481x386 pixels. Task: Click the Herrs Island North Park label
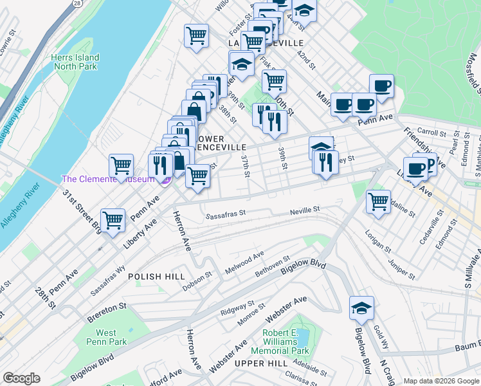[75, 62]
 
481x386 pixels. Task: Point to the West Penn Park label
[106, 338]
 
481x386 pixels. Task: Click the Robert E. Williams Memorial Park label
[280, 342]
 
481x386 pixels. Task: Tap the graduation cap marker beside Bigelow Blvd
[362, 309]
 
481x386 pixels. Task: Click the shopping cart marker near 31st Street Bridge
[113, 220]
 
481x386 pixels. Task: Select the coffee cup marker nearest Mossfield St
[381, 86]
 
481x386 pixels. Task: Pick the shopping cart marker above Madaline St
[379, 201]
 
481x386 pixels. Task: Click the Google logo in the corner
[21, 378]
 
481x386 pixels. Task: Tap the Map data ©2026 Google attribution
[440, 381]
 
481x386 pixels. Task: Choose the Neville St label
[304, 210]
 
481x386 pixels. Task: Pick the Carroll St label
[431, 132]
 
